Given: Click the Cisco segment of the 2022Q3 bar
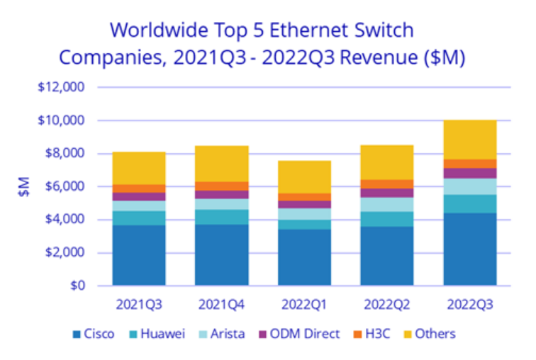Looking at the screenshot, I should [469, 249].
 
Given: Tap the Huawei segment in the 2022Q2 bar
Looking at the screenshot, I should [386, 218].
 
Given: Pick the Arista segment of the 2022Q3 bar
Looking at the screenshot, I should [469, 186].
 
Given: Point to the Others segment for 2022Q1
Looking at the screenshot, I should [304, 176].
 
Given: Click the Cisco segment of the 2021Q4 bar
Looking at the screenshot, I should [221, 254].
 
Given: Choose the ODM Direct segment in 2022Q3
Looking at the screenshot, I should [469, 172].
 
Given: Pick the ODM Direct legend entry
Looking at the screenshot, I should [303, 334].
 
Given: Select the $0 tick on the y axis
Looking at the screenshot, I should [77, 286].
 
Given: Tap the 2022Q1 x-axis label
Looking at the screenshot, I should [304, 304].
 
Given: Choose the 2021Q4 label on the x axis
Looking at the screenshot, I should [221, 304].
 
